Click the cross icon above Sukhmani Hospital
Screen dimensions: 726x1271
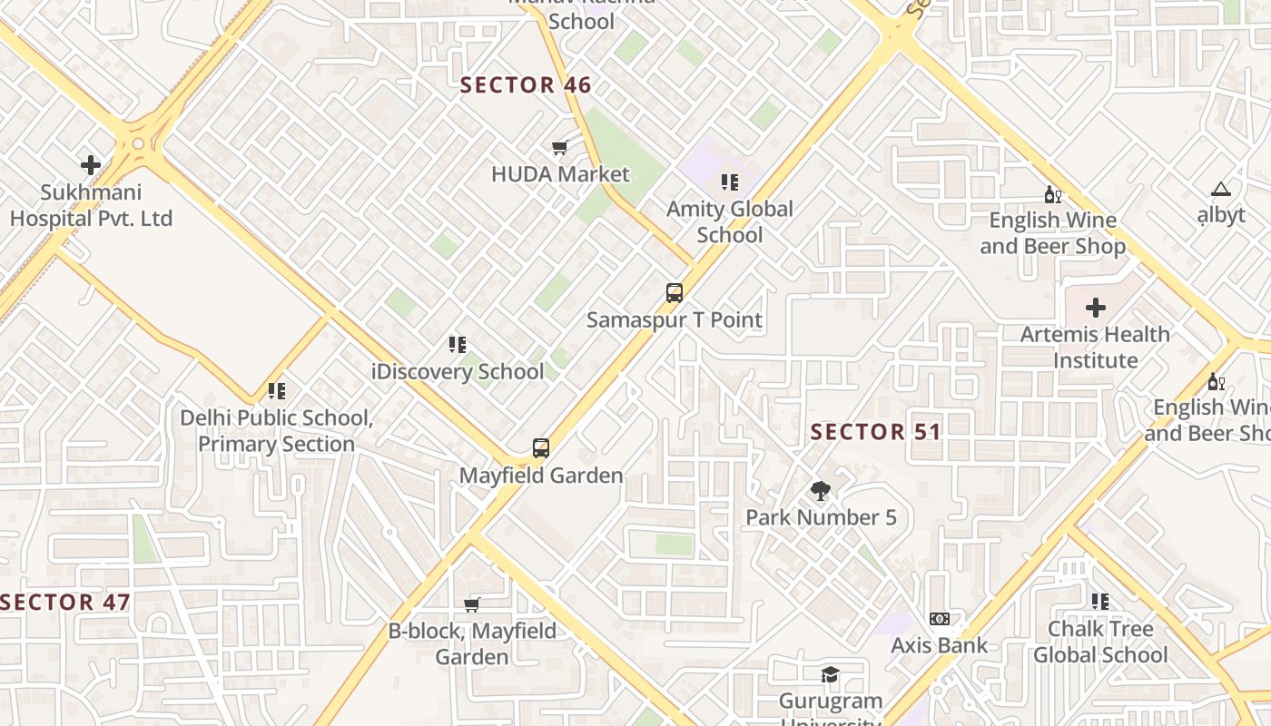tap(91, 165)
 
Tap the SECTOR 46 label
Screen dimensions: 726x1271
tap(526, 86)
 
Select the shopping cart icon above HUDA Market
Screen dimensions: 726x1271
tap(559, 147)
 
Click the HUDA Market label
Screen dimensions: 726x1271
tap(560, 173)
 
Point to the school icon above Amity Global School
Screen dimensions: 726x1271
tap(730, 183)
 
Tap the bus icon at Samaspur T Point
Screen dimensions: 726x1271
tap(674, 293)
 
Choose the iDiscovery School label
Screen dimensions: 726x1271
tap(458, 371)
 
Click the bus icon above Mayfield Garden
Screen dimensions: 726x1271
tap(541, 447)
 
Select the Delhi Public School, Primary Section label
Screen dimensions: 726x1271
tap(276, 431)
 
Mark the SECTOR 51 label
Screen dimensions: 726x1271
tap(875, 432)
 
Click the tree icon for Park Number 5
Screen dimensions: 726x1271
tap(821, 491)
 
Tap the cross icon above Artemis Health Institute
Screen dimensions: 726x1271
tap(1096, 308)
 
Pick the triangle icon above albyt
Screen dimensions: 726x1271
tap(1220, 190)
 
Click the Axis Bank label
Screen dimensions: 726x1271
tap(940, 645)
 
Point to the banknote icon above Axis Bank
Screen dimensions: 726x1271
tap(940, 619)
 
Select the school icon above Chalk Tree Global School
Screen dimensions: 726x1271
tap(1100, 601)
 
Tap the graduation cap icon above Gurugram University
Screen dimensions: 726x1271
tap(830, 674)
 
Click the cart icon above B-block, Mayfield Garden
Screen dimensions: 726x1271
tap(471, 604)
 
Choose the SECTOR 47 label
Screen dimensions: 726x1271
tap(65, 603)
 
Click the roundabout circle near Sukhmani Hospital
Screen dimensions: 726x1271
tap(138, 143)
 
